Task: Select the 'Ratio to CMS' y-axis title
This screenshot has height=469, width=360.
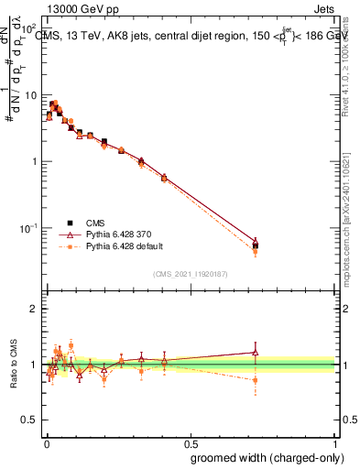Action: (13, 364)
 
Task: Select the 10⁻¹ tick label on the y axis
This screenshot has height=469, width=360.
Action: (28, 227)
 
